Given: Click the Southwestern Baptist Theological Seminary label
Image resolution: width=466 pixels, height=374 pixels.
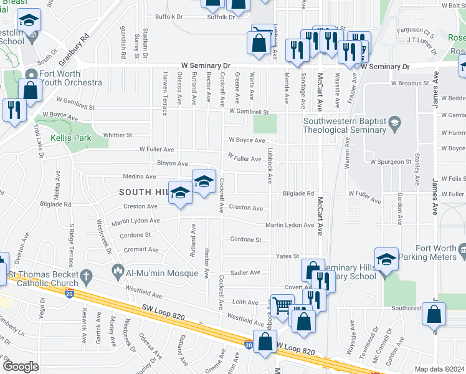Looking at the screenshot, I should point(345,126).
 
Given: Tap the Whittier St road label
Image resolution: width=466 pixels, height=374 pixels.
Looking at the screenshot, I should point(118,135).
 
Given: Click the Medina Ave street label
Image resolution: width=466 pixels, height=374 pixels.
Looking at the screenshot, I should point(138,176).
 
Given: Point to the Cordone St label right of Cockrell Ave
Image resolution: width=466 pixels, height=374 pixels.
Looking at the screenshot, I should point(245,239).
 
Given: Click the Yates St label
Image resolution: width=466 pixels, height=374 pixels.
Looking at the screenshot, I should point(288,256).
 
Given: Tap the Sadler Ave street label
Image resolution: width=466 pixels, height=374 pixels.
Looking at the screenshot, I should point(246,272).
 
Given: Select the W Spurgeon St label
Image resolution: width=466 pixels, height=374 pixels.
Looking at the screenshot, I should point(391,161).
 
